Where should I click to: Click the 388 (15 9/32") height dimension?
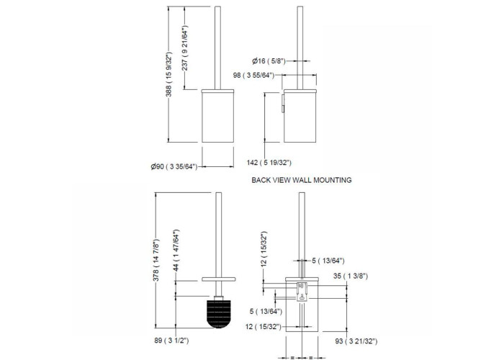click(169, 74)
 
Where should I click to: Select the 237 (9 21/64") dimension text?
click(185, 48)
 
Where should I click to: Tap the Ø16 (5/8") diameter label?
click(269, 60)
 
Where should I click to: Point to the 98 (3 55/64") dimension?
click(254, 75)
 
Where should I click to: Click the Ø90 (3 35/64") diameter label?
click(174, 166)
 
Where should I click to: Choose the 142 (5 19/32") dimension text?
click(269, 163)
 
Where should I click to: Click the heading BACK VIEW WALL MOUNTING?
click(302, 180)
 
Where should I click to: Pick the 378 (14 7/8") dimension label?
click(156, 261)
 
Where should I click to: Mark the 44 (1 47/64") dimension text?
click(176, 251)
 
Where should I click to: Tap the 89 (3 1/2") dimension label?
click(171, 341)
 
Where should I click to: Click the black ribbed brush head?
click(219, 314)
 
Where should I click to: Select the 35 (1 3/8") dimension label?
click(351, 276)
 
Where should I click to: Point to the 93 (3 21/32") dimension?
click(356, 341)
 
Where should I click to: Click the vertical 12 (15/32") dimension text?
click(264, 249)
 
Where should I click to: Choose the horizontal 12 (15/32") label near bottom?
click(264, 327)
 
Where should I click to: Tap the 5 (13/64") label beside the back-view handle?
click(328, 261)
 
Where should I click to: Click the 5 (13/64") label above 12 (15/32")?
click(266, 311)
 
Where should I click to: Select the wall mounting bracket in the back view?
click(302, 292)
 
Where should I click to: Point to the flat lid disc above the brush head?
click(219, 279)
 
